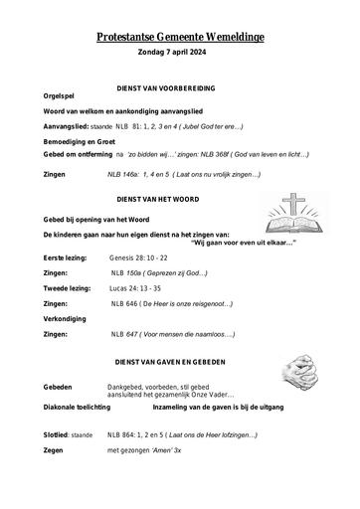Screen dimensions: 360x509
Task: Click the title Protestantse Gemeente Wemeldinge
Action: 180,35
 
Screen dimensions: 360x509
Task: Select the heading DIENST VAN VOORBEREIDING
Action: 179,88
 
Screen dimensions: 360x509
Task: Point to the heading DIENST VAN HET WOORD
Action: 179,198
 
